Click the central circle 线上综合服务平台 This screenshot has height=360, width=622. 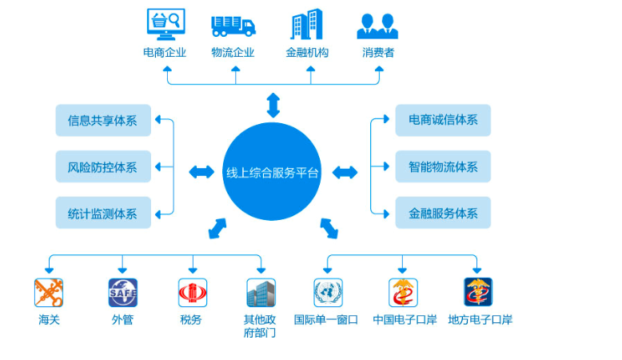272,171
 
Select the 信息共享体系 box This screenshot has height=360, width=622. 103,120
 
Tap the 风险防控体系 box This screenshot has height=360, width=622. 103,166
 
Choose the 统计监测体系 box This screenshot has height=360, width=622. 103,213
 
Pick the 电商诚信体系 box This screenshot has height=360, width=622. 443,120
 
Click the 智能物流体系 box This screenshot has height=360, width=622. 443,166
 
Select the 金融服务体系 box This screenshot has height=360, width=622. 443,213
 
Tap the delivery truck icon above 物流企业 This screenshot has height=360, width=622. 233,26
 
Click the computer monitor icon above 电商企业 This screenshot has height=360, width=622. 165,24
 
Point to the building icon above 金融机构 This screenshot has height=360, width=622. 307,24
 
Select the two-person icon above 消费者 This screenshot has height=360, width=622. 377,26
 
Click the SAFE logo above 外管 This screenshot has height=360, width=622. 123,293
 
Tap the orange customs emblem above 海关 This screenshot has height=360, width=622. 49,293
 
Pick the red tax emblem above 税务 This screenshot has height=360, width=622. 193,293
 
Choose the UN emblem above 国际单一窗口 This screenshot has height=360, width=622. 328,293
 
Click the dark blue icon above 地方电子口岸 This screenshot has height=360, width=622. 478,292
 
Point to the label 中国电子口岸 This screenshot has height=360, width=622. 405,319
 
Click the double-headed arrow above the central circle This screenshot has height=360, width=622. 273,105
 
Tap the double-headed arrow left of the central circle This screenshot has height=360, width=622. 201,172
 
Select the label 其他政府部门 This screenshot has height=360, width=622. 260,326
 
